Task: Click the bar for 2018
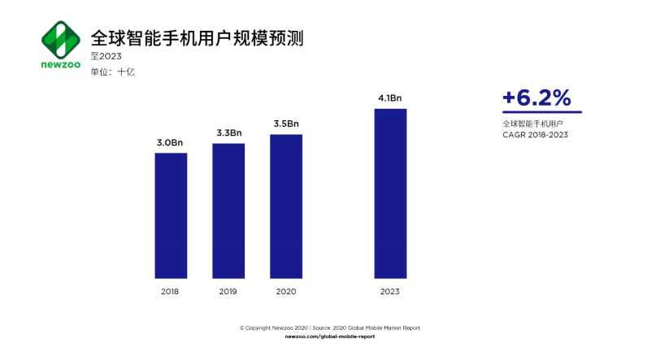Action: tap(171, 215)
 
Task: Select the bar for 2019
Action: tap(228, 210)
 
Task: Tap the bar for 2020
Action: tap(286, 206)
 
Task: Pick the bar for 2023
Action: tap(390, 193)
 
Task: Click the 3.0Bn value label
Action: tap(171, 143)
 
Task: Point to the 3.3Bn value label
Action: tap(228, 133)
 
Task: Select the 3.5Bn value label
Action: tap(286, 124)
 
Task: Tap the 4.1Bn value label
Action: tap(390, 98)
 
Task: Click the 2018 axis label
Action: tap(171, 291)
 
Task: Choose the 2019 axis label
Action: tap(228, 291)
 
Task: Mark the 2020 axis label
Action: tap(286, 291)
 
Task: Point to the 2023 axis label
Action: tap(390, 291)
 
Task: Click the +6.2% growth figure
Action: tap(537, 98)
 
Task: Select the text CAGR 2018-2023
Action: tap(535, 134)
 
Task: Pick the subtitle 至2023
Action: tap(106, 56)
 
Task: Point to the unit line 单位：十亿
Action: tap(112, 72)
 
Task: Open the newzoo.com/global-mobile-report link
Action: tap(330, 336)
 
